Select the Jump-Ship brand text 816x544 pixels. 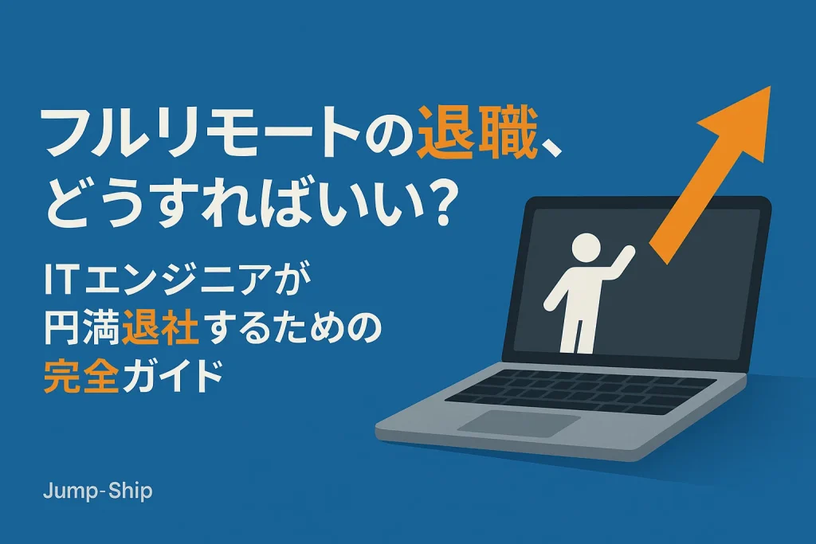(x=96, y=491)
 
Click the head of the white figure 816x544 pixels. (x=585, y=249)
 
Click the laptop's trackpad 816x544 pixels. (x=518, y=423)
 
